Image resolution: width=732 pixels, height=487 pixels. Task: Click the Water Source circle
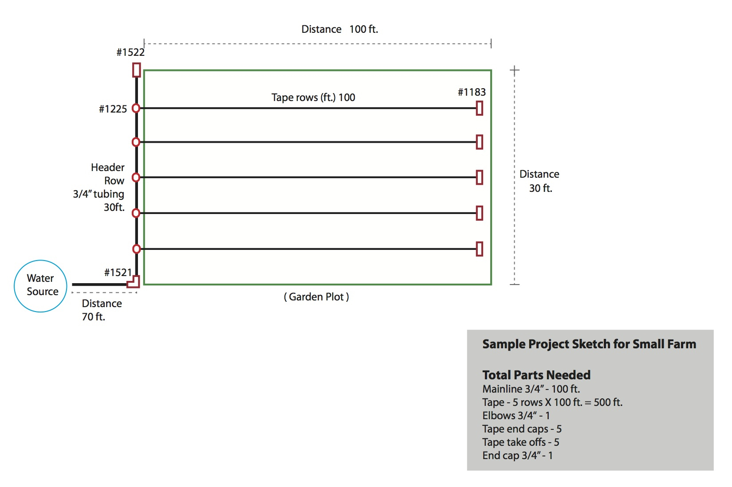[x=40, y=286]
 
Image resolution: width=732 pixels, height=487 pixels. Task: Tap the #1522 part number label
[x=130, y=52]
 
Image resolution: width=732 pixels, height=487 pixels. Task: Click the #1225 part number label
[x=113, y=109]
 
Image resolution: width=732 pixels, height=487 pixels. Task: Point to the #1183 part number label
[x=472, y=92]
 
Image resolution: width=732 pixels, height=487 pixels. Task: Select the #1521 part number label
[x=118, y=273]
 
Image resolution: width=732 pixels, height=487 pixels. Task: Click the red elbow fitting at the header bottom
[x=134, y=282]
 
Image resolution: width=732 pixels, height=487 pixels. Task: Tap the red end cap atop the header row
[x=137, y=70]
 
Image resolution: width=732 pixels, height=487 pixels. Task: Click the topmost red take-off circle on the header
[x=136, y=108]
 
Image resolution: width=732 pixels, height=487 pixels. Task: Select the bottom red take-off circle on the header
[x=137, y=249]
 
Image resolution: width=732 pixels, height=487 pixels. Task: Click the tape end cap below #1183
[x=480, y=108]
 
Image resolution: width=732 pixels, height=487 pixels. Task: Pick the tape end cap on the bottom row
[x=480, y=249]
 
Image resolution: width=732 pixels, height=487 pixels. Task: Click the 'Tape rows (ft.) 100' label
[x=313, y=97]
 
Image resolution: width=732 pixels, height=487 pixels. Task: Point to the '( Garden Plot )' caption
[x=316, y=297]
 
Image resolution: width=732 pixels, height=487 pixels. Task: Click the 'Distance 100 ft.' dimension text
[x=339, y=29]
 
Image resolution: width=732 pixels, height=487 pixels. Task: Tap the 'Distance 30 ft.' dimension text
[x=539, y=181]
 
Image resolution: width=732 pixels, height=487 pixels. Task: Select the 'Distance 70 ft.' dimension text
[x=101, y=310]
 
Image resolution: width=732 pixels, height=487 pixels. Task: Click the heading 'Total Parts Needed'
[x=536, y=375]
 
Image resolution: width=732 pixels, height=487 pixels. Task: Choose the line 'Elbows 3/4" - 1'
[x=516, y=416]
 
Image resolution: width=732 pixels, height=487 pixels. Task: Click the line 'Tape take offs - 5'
[x=520, y=442]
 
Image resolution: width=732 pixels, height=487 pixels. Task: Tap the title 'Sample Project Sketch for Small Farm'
[x=589, y=344]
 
